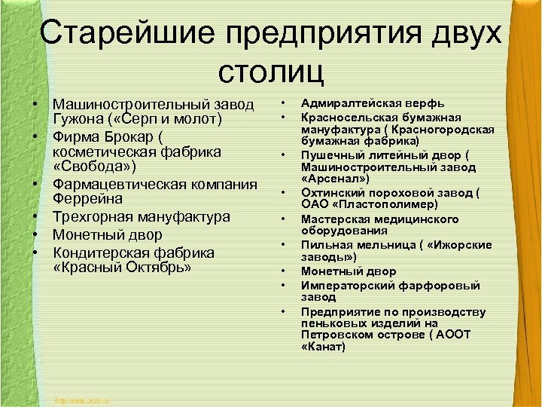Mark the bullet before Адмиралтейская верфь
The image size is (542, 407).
[284, 103]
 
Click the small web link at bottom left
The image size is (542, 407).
[83, 399]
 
